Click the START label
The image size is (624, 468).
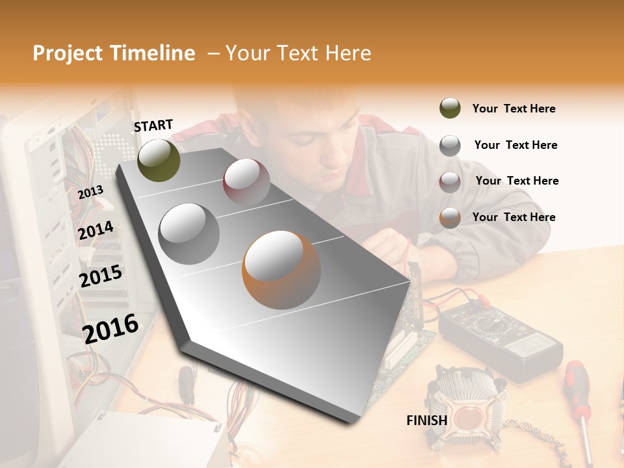tap(153, 125)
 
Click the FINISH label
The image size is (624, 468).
tap(426, 421)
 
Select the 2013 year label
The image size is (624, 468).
tap(90, 192)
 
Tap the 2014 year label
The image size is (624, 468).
tap(96, 230)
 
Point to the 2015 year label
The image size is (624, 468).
tap(101, 276)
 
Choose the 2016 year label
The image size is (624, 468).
tap(110, 328)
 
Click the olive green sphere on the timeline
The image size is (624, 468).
tap(159, 160)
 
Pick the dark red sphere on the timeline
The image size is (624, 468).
tap(246, 181)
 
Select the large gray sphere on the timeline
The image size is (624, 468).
tap(189, 233)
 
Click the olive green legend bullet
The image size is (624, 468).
tap(450, 109)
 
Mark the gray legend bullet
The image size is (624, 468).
tap(450, 146)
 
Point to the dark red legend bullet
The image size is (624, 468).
tap(450, 181)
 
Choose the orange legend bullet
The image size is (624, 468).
tap(450, 218)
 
